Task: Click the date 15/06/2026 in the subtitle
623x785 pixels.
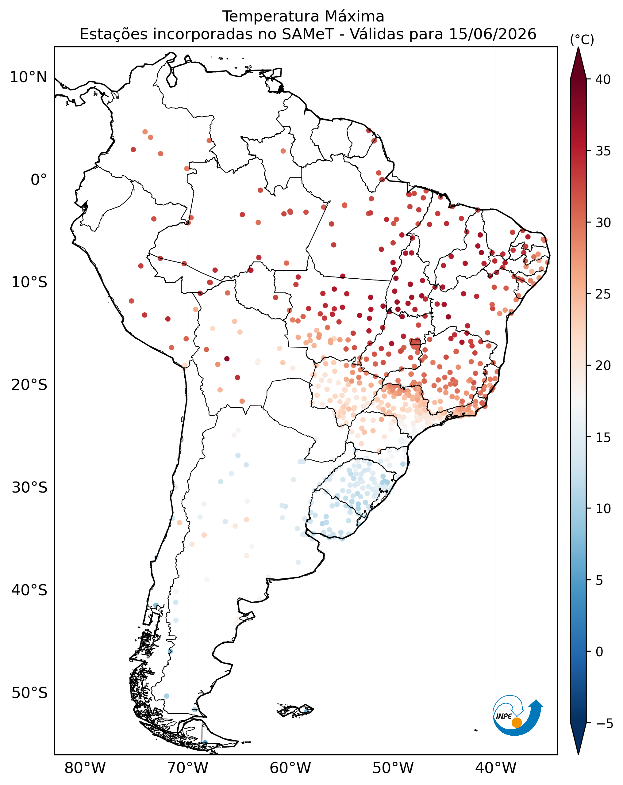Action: tap(493, 34)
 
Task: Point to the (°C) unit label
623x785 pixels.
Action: tap(582, 39)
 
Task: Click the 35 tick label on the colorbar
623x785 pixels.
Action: tap(602, 151)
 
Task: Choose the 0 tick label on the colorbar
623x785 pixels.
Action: tap(599, 651)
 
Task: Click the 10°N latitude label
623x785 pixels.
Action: tap(29, 77)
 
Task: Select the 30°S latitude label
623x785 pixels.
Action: tap(29, 488)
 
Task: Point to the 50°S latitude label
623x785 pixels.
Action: tap(29, 693)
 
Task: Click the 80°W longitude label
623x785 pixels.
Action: tap(85, 768)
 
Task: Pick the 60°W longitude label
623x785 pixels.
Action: tap(290, 768)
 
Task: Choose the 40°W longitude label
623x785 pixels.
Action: tap(496, 768)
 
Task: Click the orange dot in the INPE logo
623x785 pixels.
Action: tap(517, 722)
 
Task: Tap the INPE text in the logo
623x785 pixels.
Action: tap(504, 716)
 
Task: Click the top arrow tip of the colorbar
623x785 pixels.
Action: tap(578, 47)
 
